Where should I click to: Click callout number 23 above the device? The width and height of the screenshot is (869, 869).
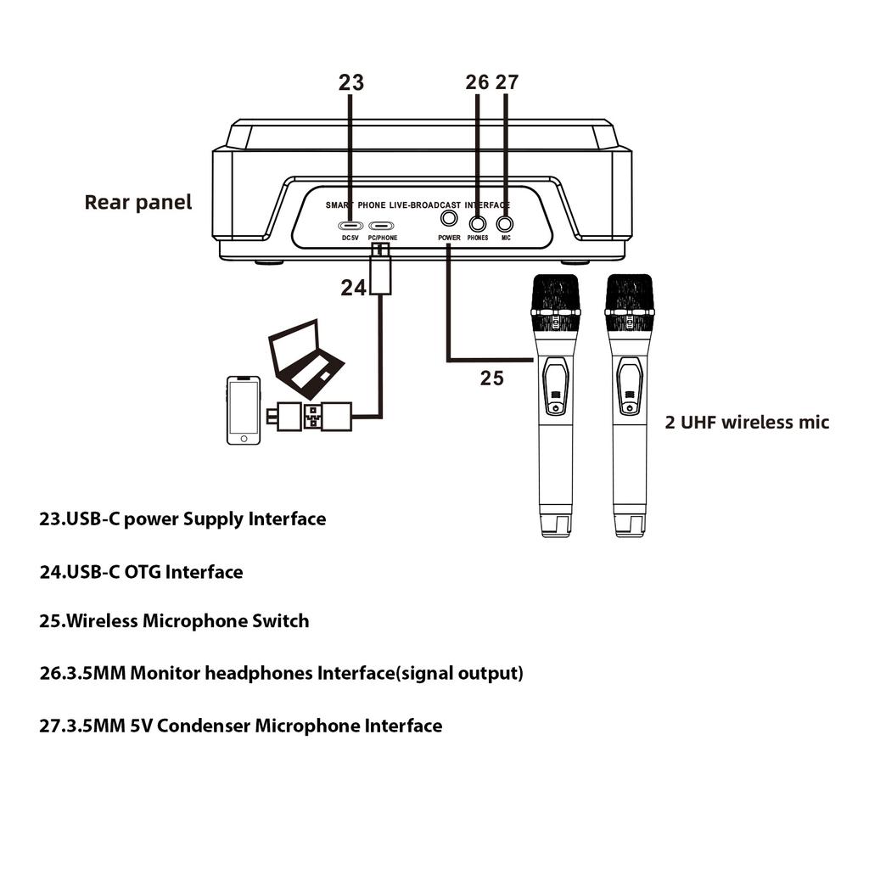350,82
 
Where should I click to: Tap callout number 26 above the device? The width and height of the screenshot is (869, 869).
477,82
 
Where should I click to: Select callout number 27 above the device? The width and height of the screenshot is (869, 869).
507,82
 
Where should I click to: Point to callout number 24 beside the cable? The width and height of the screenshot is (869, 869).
353,289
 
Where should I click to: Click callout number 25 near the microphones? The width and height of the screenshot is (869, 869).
492,378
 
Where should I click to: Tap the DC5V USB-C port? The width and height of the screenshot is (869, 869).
350,226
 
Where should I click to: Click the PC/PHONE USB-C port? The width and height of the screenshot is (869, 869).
383,226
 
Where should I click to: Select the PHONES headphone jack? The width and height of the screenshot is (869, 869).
478,224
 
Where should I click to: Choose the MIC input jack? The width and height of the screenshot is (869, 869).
506,224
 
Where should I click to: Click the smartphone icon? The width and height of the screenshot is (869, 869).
244,411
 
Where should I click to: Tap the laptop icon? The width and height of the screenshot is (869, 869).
306,358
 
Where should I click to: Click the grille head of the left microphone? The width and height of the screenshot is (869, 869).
555,294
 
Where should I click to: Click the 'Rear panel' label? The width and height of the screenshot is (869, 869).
138,202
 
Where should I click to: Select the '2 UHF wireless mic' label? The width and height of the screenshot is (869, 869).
747,422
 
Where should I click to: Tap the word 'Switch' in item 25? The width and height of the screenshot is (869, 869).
281,621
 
